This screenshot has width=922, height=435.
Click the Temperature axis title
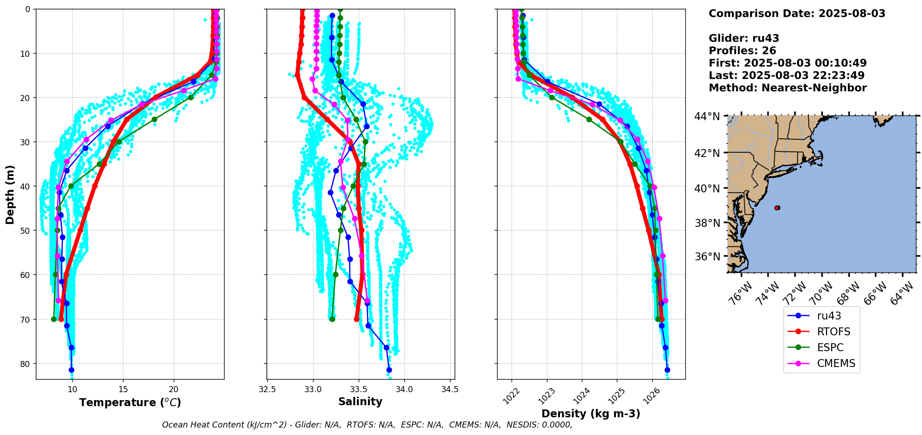click(130, 402)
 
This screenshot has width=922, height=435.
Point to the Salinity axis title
click(360, 401)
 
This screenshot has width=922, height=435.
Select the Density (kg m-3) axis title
click(591, 414)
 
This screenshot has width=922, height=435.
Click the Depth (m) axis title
click(10, 194)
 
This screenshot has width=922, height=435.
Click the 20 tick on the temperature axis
click(174, 389)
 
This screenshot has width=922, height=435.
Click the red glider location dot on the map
click(777, 208)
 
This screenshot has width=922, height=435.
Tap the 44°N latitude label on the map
click(707, 116)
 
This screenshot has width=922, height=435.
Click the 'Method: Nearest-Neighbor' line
click(787, 88)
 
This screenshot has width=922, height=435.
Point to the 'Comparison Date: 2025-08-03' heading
click(797, 14)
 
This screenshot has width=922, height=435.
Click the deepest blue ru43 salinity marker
click(389, 370)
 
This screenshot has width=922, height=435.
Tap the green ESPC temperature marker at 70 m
click(54, 319)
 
